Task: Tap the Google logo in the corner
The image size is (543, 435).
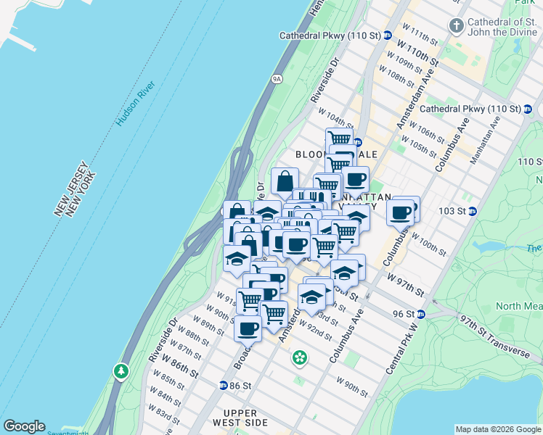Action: [24, 426]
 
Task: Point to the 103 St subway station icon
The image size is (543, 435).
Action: [472, 211]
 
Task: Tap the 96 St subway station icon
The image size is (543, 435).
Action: [421, 314]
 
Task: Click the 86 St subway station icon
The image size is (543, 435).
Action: [224, 385]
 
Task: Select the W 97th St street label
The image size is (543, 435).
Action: [405, 284]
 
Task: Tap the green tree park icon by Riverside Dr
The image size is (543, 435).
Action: [121, 372]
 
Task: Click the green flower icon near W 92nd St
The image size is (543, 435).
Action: [299, 357]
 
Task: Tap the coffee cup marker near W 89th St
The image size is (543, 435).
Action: [248, 328]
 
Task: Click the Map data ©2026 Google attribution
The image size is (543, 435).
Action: [498, 429]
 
